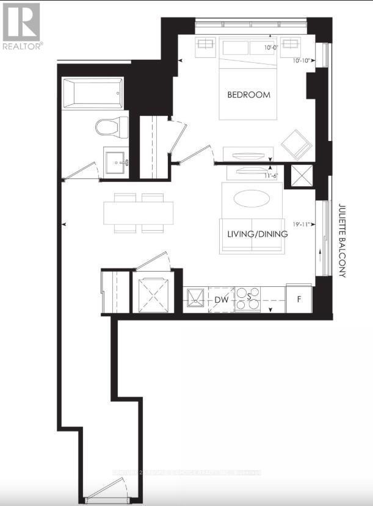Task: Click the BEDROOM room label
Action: [x=248, y=95]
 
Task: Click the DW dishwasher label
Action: [x=221, y=300]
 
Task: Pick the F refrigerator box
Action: [x=299, y=300]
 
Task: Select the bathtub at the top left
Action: [x=93, y=93]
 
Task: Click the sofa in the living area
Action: [x=252, y=236]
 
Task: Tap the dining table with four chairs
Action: [x=139, y=213]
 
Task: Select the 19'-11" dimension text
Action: [x=303, y=224]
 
